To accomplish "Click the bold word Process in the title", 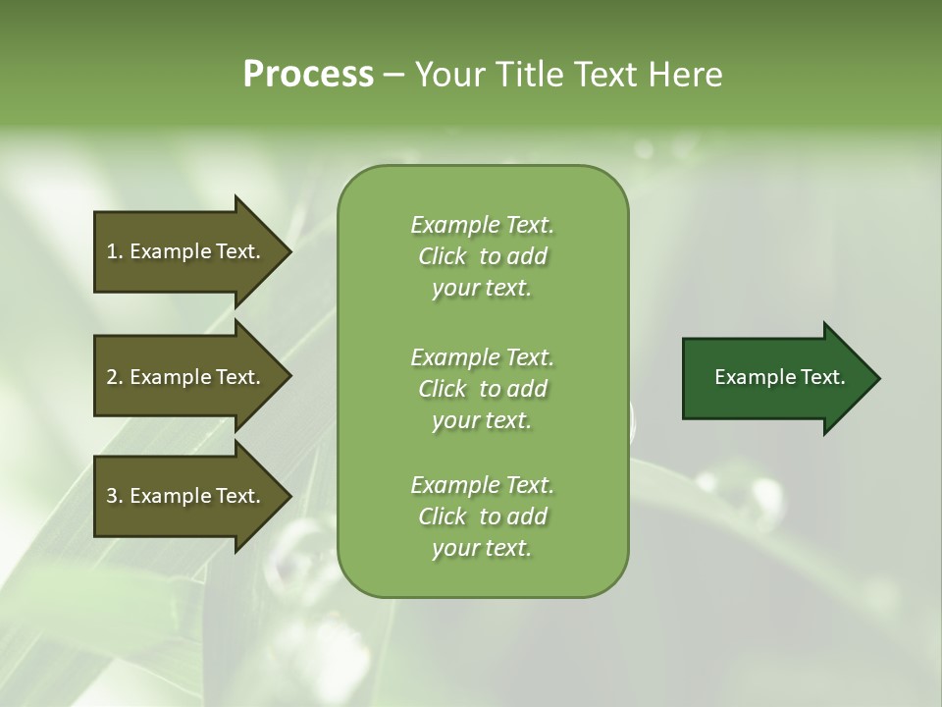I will coord(308,75).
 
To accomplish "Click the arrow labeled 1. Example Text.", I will coord(186,251).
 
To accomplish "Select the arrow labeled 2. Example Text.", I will coord(186,377).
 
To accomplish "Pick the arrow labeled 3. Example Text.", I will coord(186,496).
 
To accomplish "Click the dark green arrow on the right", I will coord(775,378).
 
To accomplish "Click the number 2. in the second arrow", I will coord(114,377).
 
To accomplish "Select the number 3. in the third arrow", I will coord(114,496).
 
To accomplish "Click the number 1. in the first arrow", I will coord(114,251).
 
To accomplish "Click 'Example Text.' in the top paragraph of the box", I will coord(482,225).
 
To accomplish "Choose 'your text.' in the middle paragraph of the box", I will coord(482,420).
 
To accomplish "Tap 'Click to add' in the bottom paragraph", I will coord(482,517).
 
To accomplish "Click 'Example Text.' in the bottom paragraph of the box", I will coord(482,485).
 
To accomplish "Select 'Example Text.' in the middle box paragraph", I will coord(482,357).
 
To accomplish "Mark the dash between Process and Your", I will coord(393,75).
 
